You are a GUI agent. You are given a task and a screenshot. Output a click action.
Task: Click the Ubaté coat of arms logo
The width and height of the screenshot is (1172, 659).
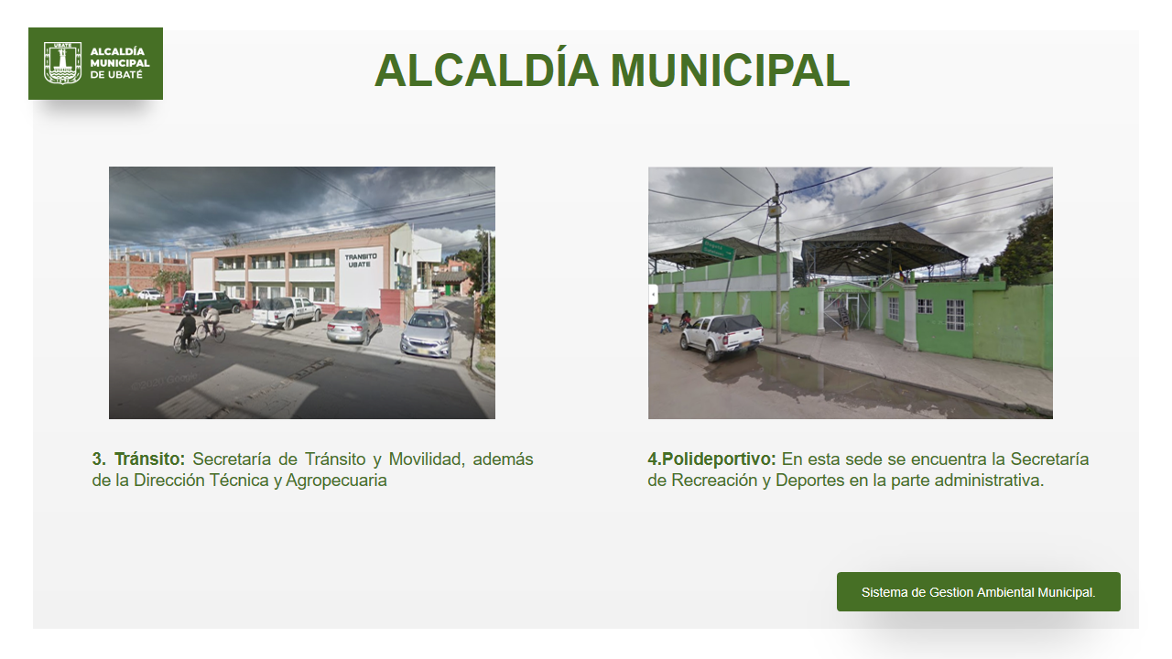click(63, 63)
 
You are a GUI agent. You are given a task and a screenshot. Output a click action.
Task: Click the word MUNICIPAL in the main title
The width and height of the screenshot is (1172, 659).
click(730, 70)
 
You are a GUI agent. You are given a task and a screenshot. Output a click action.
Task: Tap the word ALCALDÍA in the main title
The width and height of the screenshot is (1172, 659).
click(486, 70)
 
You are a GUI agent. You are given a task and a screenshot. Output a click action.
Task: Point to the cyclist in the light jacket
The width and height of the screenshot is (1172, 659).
click(212, 323)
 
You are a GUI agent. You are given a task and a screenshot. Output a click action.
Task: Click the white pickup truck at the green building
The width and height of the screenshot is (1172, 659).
click(722, 336)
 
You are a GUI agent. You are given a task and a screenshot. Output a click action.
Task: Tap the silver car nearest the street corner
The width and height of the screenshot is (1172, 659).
click(428, 332)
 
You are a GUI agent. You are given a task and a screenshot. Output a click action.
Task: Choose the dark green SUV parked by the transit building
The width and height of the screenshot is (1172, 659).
click(212, 302)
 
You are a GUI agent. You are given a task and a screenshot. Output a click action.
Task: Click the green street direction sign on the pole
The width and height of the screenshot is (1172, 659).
click(718, 249)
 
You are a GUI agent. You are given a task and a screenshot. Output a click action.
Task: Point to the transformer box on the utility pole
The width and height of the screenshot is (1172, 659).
click(774, 211)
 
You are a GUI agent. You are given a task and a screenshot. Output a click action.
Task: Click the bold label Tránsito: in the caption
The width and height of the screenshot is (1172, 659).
click(149, 459)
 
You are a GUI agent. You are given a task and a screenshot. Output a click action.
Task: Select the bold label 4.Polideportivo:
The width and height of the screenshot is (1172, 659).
click(711, 459)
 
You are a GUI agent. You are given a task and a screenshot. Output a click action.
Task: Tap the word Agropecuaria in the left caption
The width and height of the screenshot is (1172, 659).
click(336, 481)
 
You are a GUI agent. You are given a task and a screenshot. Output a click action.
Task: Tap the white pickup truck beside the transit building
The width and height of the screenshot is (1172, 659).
click(287, 312)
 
